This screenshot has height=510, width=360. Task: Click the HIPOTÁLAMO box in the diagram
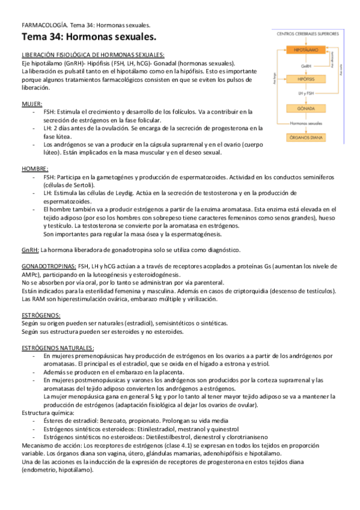[x=305, y=51]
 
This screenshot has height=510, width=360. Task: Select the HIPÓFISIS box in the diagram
[x=305, y=79]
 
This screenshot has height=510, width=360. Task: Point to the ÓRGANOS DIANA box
[x=305, y=137]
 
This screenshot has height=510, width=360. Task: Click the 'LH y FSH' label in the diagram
[x=305, y=94]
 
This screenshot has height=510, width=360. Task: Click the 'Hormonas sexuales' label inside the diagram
[x=305, y=124]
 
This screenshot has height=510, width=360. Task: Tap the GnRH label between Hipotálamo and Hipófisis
[x=305, y=66]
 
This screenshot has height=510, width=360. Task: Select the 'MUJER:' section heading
[x=32, y=104]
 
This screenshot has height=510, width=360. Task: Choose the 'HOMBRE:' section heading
[x=35, y=169]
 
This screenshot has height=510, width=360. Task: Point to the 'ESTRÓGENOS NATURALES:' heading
[x=58, y=348]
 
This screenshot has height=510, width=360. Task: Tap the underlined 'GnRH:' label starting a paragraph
[x=30, y=250]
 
